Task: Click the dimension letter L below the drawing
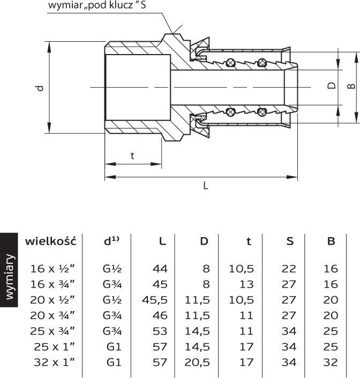click(205, 186)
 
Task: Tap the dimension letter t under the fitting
click(132, 156)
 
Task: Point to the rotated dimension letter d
click(41, 88)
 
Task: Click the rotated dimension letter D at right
click(332, 86)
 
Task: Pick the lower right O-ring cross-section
click(262, 112)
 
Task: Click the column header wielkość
click(51, 240)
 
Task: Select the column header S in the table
click(290, 241)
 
